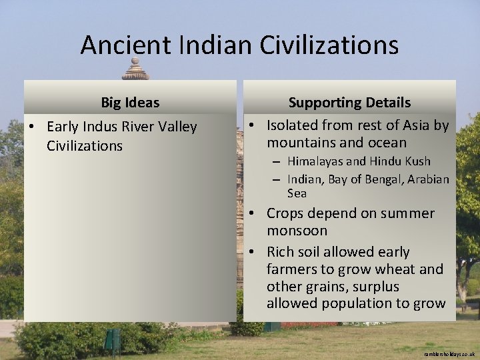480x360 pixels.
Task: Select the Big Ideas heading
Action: pyautogui.click(x=130, y=103)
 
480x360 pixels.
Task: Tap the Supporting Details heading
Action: pyautogui.click(x=349, y=103)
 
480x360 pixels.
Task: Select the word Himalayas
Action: pyautogui.click(x=316, y=161)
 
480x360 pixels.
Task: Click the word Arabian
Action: pyautogui.click(x=428, y=179)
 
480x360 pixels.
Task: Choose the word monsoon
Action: pyautogui.click(x=297, y=231)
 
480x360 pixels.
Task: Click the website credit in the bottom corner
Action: pyautogui.click(x=449, y=354)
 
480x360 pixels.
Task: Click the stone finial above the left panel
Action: pyautogui.click(x=135, y=69)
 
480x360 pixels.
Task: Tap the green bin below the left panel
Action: pyautogui.click(x=112, y=339)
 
